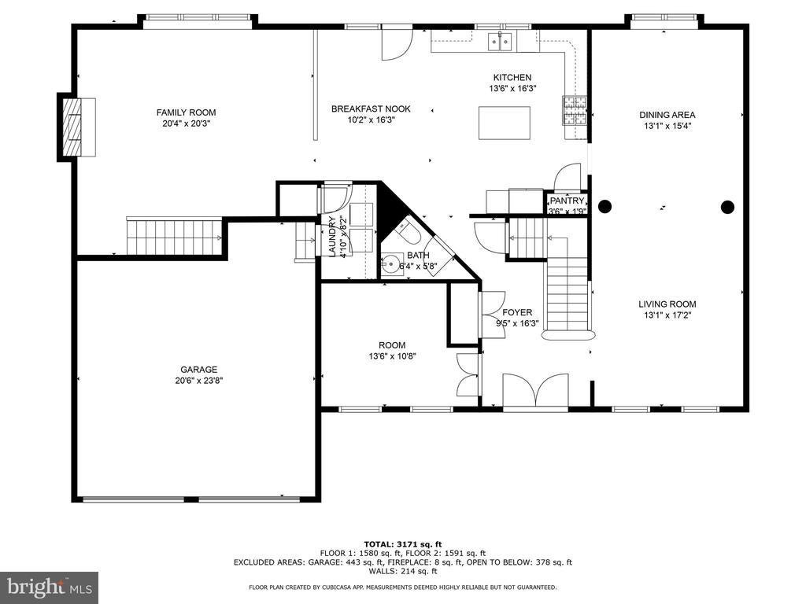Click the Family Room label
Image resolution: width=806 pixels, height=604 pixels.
[x=186, y=112]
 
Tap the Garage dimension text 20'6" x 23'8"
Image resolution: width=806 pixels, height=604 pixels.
[x=198, y=381]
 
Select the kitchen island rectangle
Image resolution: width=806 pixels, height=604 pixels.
[x=505, y=123]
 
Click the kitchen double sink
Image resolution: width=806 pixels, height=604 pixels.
[x=500, y=41]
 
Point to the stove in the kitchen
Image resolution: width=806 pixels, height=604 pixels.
[x=575, y=111]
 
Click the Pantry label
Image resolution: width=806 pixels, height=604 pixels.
[x=567, y=201]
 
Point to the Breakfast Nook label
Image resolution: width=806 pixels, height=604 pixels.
[x=372, y=109]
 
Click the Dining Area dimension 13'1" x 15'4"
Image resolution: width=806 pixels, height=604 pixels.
[x=667, y=126]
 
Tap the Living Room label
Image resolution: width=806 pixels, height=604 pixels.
[x=667, y=304]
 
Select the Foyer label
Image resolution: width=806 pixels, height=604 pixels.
[x=517, y=312]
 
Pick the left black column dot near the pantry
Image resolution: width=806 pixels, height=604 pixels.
[x=605, y=207]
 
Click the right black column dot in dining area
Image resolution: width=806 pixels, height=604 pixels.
[x=727, y=207]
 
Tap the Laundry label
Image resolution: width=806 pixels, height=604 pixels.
[x=332, y=236]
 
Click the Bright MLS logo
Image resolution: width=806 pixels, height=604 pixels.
[x=50, y=587]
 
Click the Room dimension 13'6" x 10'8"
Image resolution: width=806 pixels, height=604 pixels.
[x=392, y=356]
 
